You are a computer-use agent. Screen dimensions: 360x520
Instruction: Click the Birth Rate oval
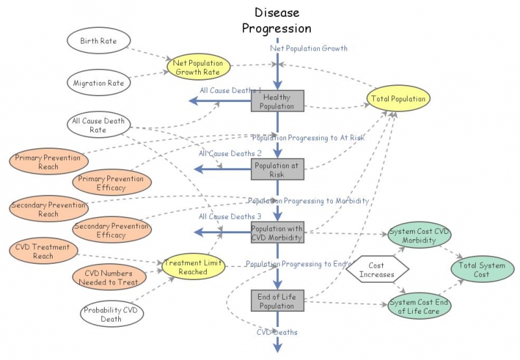tap(98, 41)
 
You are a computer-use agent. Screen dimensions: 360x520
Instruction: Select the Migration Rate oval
tap(98, 83)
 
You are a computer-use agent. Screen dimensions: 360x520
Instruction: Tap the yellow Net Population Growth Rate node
tap(198, 68)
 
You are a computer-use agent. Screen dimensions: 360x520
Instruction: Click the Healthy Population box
tap(278, 101)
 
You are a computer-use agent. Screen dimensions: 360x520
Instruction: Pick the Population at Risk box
tap(278, 170)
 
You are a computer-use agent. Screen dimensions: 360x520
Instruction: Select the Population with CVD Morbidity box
tap(278, 233)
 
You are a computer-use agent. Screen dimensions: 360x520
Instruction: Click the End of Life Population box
tap(278, 301)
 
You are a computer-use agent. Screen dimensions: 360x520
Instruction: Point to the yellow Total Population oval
tap(398, 99)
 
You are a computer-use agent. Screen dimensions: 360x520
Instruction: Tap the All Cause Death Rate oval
tap(98, 125)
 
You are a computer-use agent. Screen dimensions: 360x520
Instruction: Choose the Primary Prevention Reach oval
tap(48, 162)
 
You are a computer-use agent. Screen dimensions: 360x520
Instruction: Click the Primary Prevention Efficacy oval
tap(112, 183)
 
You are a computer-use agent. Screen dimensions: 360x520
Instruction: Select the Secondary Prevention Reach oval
tap(48, 209)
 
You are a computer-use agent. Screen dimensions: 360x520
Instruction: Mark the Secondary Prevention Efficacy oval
tap(112, 230)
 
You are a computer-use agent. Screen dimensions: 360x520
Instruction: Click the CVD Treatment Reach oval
tap(44, 251)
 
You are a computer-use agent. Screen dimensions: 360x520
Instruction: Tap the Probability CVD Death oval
tap(111, 315)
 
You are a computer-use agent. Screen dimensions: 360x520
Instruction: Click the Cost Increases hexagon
tap(376, 270)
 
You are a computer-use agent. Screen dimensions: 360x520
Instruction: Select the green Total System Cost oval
tap(482, 270)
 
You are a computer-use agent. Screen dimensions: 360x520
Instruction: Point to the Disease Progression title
tap(277, 21)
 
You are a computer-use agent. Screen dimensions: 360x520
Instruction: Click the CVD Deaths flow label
tap(278, 332)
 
